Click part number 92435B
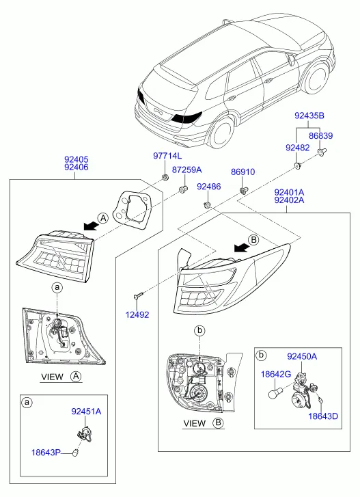tap(309, 116)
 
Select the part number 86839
tap(321, 136)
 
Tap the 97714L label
tap(167, 156)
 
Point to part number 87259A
tap(186, 170)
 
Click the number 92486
tap(208, 187)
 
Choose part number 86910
tap(243, 172)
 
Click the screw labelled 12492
tap(139, 295)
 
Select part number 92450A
tap(302, 357)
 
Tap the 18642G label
tap(276, 375)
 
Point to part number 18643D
tap(323, 416)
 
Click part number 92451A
tap(86, 412)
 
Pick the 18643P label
tap(46, 453)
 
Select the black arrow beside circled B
tap(240, 248)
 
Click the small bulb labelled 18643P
tap(74, 453)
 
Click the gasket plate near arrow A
tap(133, 209)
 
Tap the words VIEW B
tap(204, 423)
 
